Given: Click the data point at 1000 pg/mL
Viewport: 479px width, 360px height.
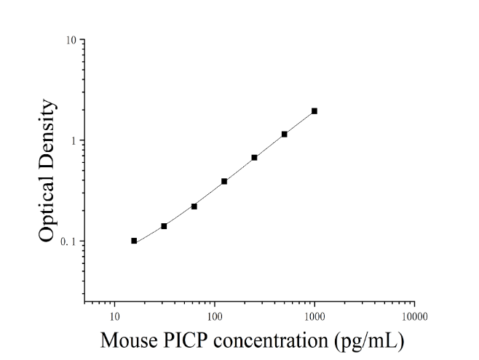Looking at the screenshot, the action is point(314,111).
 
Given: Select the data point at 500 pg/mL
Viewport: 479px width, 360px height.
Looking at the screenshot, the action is point(285,135).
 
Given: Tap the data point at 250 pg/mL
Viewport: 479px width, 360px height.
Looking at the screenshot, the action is point(254,158).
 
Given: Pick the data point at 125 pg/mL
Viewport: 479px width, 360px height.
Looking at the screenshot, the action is point(224,182).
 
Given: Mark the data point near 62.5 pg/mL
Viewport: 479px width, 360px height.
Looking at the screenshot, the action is point(194,207).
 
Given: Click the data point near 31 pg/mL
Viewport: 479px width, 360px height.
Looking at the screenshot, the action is point(164,226).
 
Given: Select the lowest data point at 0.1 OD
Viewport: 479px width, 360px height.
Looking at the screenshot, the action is point(134,241).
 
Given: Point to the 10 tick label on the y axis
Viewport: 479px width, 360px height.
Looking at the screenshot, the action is point(71,40).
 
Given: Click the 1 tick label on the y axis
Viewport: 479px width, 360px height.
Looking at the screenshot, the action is point(73,140).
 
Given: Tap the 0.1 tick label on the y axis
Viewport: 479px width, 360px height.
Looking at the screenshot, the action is point(68,241).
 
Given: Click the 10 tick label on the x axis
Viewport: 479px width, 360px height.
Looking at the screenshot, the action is point(114,316).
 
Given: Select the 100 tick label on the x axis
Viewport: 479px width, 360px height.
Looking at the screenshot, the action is point(215,316).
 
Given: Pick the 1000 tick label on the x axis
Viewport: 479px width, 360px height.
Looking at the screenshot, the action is point(314,316).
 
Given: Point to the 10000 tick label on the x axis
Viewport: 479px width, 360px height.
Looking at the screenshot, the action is point(414,316).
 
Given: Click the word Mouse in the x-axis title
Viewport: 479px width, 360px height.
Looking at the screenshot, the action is point(130,340).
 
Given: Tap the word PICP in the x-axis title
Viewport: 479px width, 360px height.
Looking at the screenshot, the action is point(185,340).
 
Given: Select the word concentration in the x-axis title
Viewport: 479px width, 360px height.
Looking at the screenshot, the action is point(271,340).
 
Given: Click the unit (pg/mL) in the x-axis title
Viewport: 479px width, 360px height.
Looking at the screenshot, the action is point(369,342).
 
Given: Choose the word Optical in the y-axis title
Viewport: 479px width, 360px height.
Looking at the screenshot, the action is point(47,207).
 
